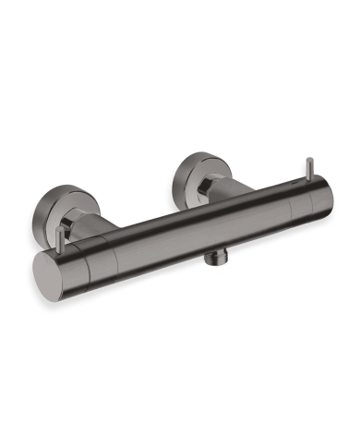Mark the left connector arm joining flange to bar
coord(96,231)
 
